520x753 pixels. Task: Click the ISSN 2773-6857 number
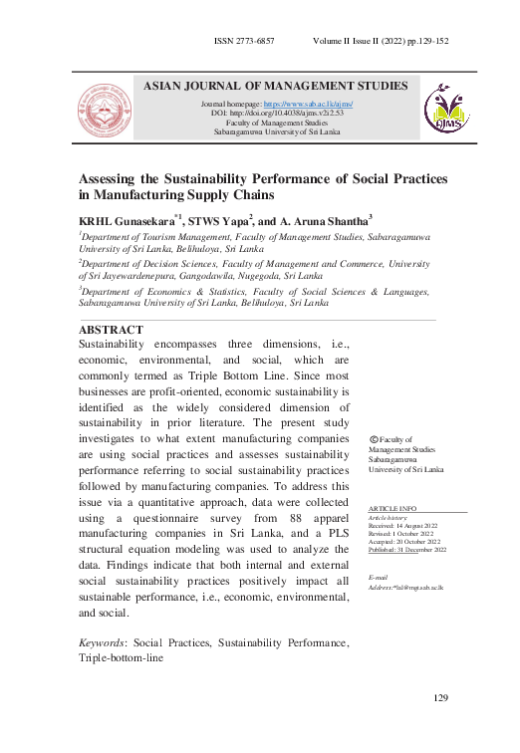244,43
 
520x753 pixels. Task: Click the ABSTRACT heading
110,330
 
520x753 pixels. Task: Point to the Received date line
404,526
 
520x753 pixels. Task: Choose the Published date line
407,549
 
